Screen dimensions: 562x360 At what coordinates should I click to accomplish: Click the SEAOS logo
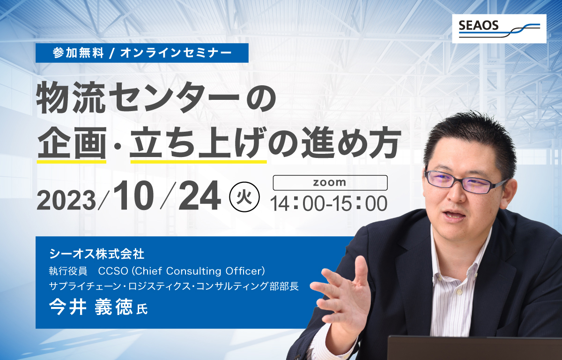point(499,29)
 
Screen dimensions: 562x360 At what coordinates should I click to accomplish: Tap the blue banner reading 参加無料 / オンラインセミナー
point(142,53)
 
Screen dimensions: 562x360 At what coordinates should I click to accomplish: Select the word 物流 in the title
point(71,97)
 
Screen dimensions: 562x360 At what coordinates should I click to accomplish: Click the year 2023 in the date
point(66,200)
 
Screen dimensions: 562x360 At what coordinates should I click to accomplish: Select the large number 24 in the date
point(200,195)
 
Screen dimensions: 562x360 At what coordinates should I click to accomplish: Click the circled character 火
point(244,196)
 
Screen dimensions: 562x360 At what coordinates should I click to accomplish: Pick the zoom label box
point(330,182)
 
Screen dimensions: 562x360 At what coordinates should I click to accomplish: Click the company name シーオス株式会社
point(97,254)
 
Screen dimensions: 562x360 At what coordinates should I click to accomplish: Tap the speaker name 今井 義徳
point(91,307)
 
